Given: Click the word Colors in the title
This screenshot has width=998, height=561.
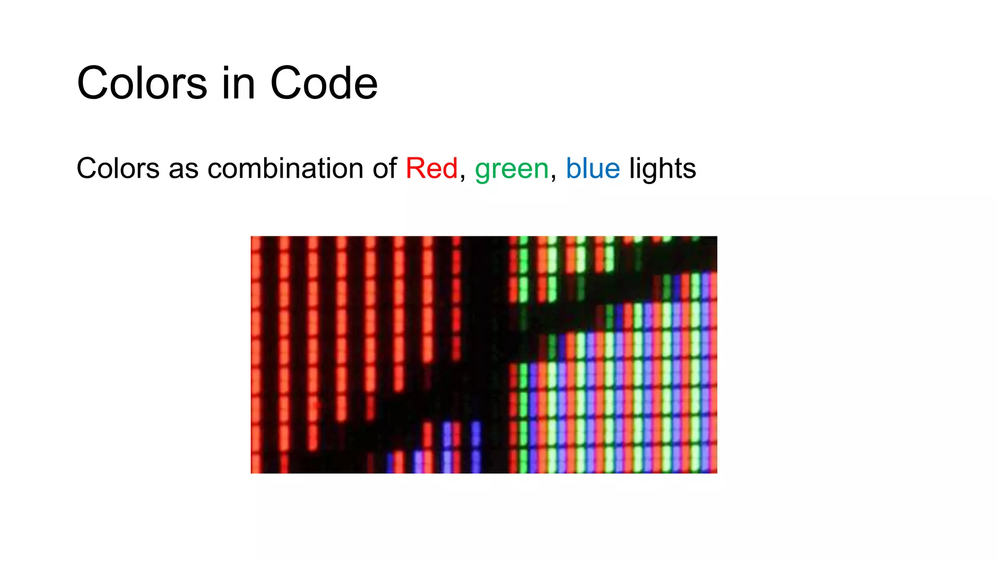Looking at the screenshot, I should [142, 83].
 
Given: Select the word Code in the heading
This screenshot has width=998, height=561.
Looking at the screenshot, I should [324, 83].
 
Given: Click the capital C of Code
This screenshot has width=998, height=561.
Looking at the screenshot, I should [287, 83].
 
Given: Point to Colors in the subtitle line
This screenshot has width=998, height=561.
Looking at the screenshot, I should [118, 168].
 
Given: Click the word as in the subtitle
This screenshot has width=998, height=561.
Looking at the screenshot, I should [183, 169].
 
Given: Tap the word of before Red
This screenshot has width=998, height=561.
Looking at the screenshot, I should [385, 168].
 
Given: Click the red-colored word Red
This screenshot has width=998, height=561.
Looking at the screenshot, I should [431, 168].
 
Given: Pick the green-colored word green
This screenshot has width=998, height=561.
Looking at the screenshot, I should [512, 169].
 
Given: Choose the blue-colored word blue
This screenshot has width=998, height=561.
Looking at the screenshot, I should [593, 168].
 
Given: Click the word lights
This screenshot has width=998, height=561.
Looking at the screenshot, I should [662, 169].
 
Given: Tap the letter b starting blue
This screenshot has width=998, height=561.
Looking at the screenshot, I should [573, 168].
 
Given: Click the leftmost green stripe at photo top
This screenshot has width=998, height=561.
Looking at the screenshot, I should [523, 268].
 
